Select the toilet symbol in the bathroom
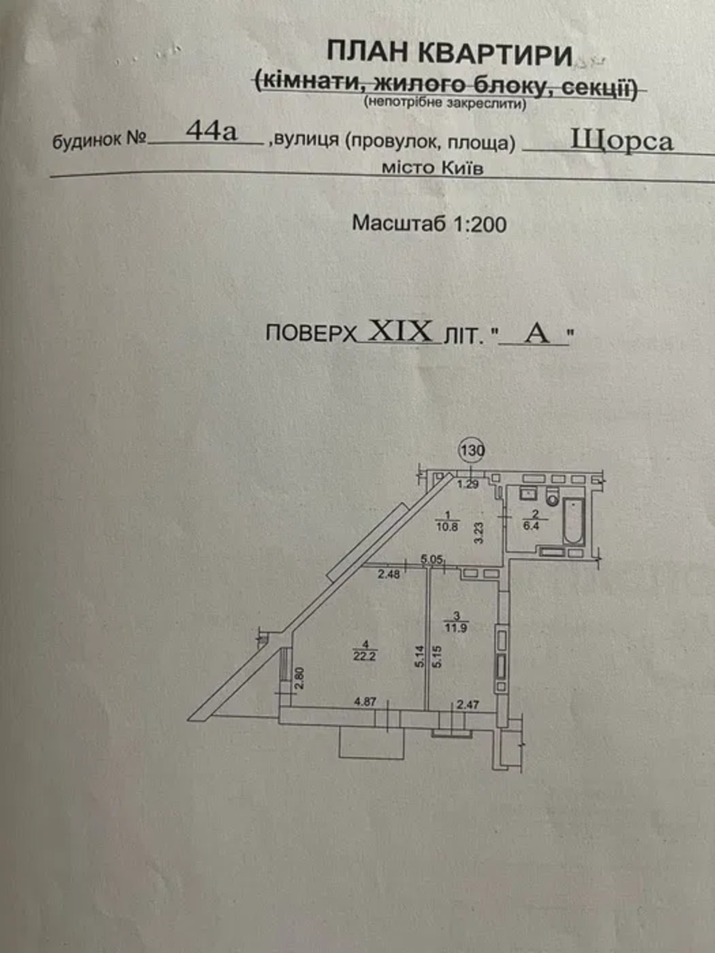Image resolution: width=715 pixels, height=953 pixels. pyautogui.click(x=552, y=500)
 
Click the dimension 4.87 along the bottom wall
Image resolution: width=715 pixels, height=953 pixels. pyautogui.click(x=364, y=702)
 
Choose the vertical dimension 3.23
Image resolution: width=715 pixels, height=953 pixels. pyautogui.click(x=478, y=530)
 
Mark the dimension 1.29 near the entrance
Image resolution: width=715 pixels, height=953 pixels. pyautogui.click(x=469, y=484)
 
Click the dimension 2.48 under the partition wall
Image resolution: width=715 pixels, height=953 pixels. pyautogui.click(x=389, y=575)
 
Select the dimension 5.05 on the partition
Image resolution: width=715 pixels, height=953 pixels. pyautogui.click(x=431, y=560)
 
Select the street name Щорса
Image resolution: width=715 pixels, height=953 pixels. pyautogui.click(x=622, y=141)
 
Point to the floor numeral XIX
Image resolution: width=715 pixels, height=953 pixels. pyautogui.click(x=402, y=331)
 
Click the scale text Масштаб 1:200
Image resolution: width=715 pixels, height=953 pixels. pyautogui.click(x=429, y=224)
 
